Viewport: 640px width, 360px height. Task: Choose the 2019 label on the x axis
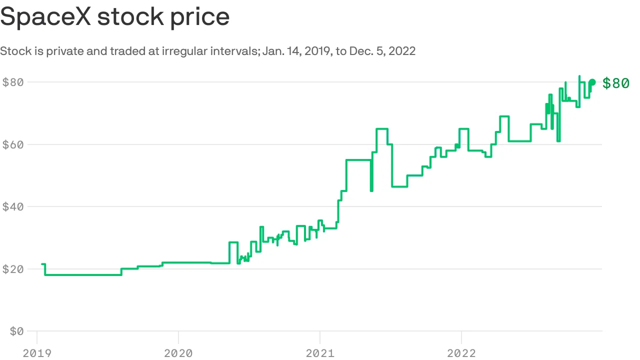pyautogui.click(x=36, y=353)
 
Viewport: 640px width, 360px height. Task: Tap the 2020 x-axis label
pyautogui.click(x=178, y=353)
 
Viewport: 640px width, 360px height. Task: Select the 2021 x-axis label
pyautogui.click(x=320, y=353)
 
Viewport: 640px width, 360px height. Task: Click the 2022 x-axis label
pyautogui.click(x=461, y=353)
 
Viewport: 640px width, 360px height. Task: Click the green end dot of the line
pyautogui.click(x=592, y=82)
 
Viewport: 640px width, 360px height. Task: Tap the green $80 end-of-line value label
pyautogui.click(x=616, y=83)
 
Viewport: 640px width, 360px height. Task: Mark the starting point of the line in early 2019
pyautogui.click(x=42, y=264)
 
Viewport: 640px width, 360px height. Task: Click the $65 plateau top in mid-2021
pyautogui.click(x=382, y=129)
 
